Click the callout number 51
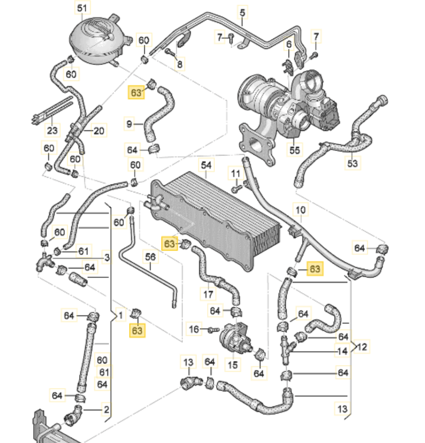tap(81, 8)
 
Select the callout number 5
tap(243, 11)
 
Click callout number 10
tap(300, 209)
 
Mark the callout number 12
tap(362, 346)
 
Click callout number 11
tap(236, 173)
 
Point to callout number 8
tap(180, 63)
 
